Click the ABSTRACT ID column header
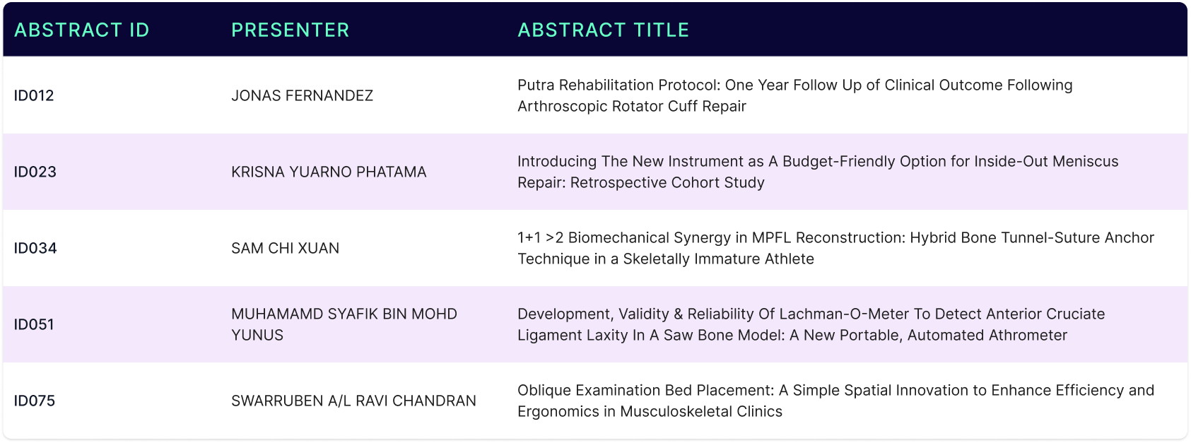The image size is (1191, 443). tap(81, 30)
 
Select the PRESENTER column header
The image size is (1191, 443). tap(291, 30)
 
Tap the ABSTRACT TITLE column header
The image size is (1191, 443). tap(604, 30)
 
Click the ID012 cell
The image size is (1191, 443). tap(34, 95)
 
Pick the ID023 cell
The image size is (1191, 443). tap(35, 172)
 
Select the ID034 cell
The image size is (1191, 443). tap(35, 248)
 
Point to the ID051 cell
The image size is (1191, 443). tap(34, 324)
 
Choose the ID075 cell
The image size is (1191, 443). tap(35, 401)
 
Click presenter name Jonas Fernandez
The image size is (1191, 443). tap(302, 95)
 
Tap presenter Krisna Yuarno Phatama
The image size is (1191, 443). tap(329, 172)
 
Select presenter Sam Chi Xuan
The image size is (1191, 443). tap(285, 248)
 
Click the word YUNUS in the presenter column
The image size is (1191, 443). tap(257, 335)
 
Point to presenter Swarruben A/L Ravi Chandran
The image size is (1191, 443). tap(353, 401)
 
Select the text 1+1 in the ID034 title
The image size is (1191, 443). tap(529, 237)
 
